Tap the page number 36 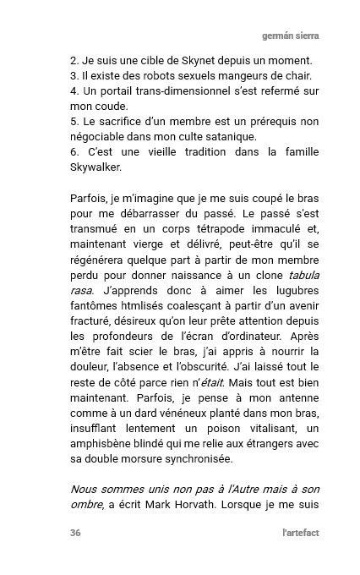(76, 533)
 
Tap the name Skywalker (101, 167)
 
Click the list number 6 (74, 152)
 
